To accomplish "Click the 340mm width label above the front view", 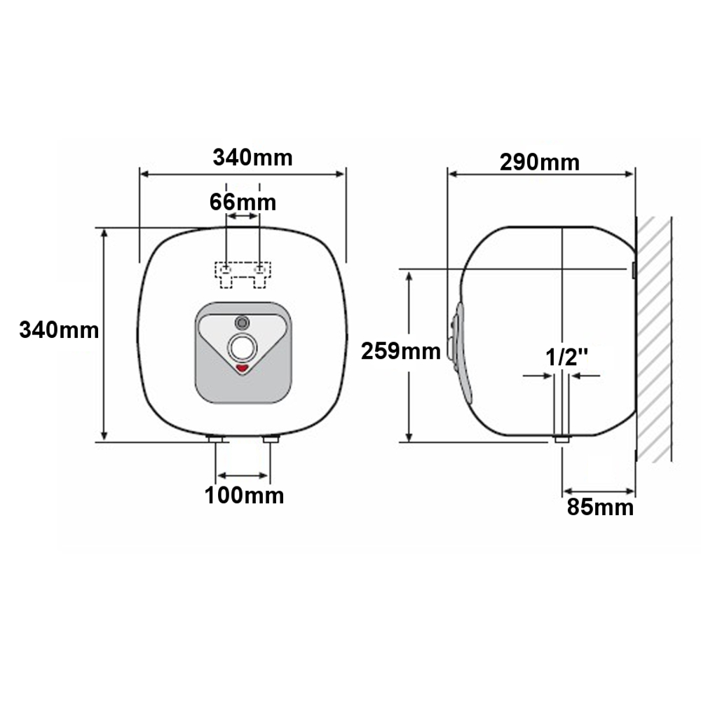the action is click(x=252, y=158).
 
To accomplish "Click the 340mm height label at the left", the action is click(x=59, y=330).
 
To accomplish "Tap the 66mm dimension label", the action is click(x=243, y=202).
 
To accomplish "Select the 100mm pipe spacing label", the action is click(x=244, y=496).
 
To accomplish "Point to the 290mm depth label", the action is click(x=540, y=163).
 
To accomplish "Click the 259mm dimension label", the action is click(x=400, y=351).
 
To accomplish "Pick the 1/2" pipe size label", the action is click(x=566, y=358).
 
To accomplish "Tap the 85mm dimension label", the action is click(x=601, y=508).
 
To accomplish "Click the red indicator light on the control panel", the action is click(x=243, y=368).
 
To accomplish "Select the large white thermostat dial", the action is click(x=243, y=348).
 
